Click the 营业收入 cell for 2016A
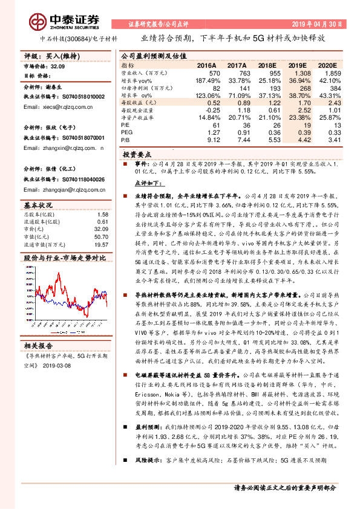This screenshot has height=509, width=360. coord(208,71)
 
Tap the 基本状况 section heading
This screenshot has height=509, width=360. coord(39,203)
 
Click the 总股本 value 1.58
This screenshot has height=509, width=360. coord(102,213)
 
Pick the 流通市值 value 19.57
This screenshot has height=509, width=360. coord(101,245)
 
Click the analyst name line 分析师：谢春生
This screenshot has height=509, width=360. coord(46,86)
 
